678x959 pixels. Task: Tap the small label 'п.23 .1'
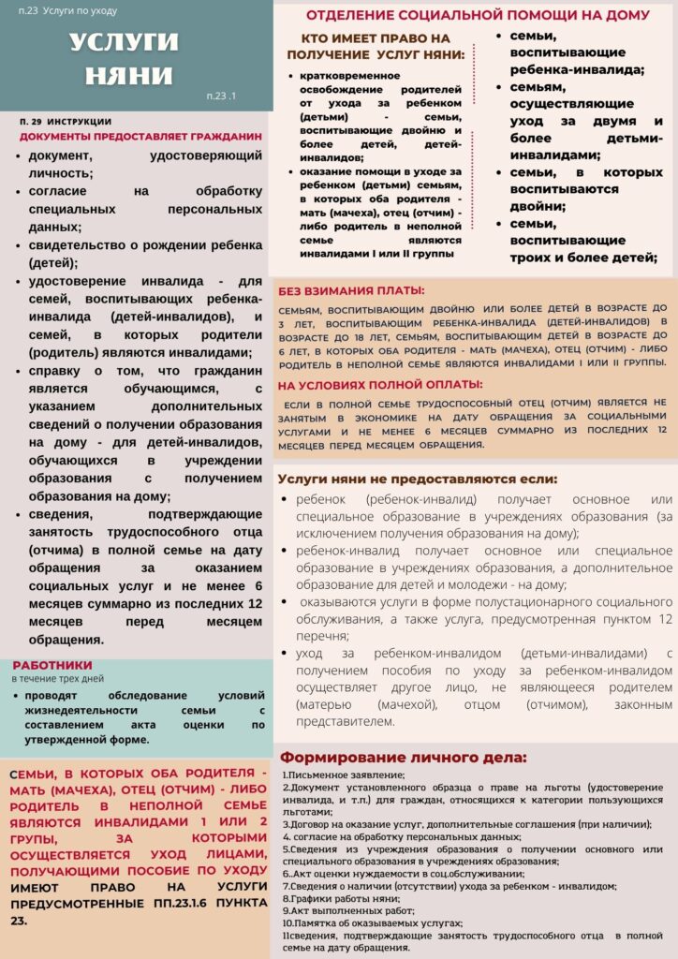[x=222, y=96]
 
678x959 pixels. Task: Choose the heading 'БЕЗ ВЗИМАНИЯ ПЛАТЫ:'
[x=351, y=290]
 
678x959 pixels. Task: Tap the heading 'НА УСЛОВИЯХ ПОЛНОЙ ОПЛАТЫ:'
[x=379, y=384]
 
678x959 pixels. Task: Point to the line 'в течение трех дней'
[x=57, y=678]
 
